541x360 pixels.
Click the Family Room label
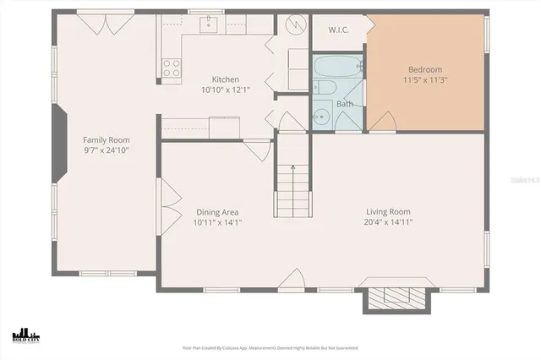click(x=106, y=139)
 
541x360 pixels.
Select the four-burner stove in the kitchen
click(x=172, y=68)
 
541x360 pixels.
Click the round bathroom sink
click(x=321, y=117)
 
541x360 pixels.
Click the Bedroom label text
click(x=425, y=69)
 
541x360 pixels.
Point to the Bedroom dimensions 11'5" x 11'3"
click(x=425, y=79)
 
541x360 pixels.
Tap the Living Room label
click(x=388, y=211)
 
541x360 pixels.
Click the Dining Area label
click(x=216, y=212)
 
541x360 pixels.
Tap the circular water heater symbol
click(x=294, y=25)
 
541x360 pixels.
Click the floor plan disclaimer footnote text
click(x=270, y=347)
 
